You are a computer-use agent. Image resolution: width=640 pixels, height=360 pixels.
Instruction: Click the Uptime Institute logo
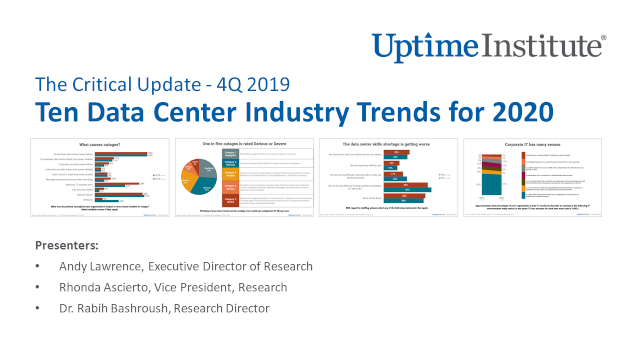coord(488,45)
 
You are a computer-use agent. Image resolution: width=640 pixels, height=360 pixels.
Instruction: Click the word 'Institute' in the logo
coord(545,45)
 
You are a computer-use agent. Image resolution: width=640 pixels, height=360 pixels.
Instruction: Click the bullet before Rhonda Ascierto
coord(38,287)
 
